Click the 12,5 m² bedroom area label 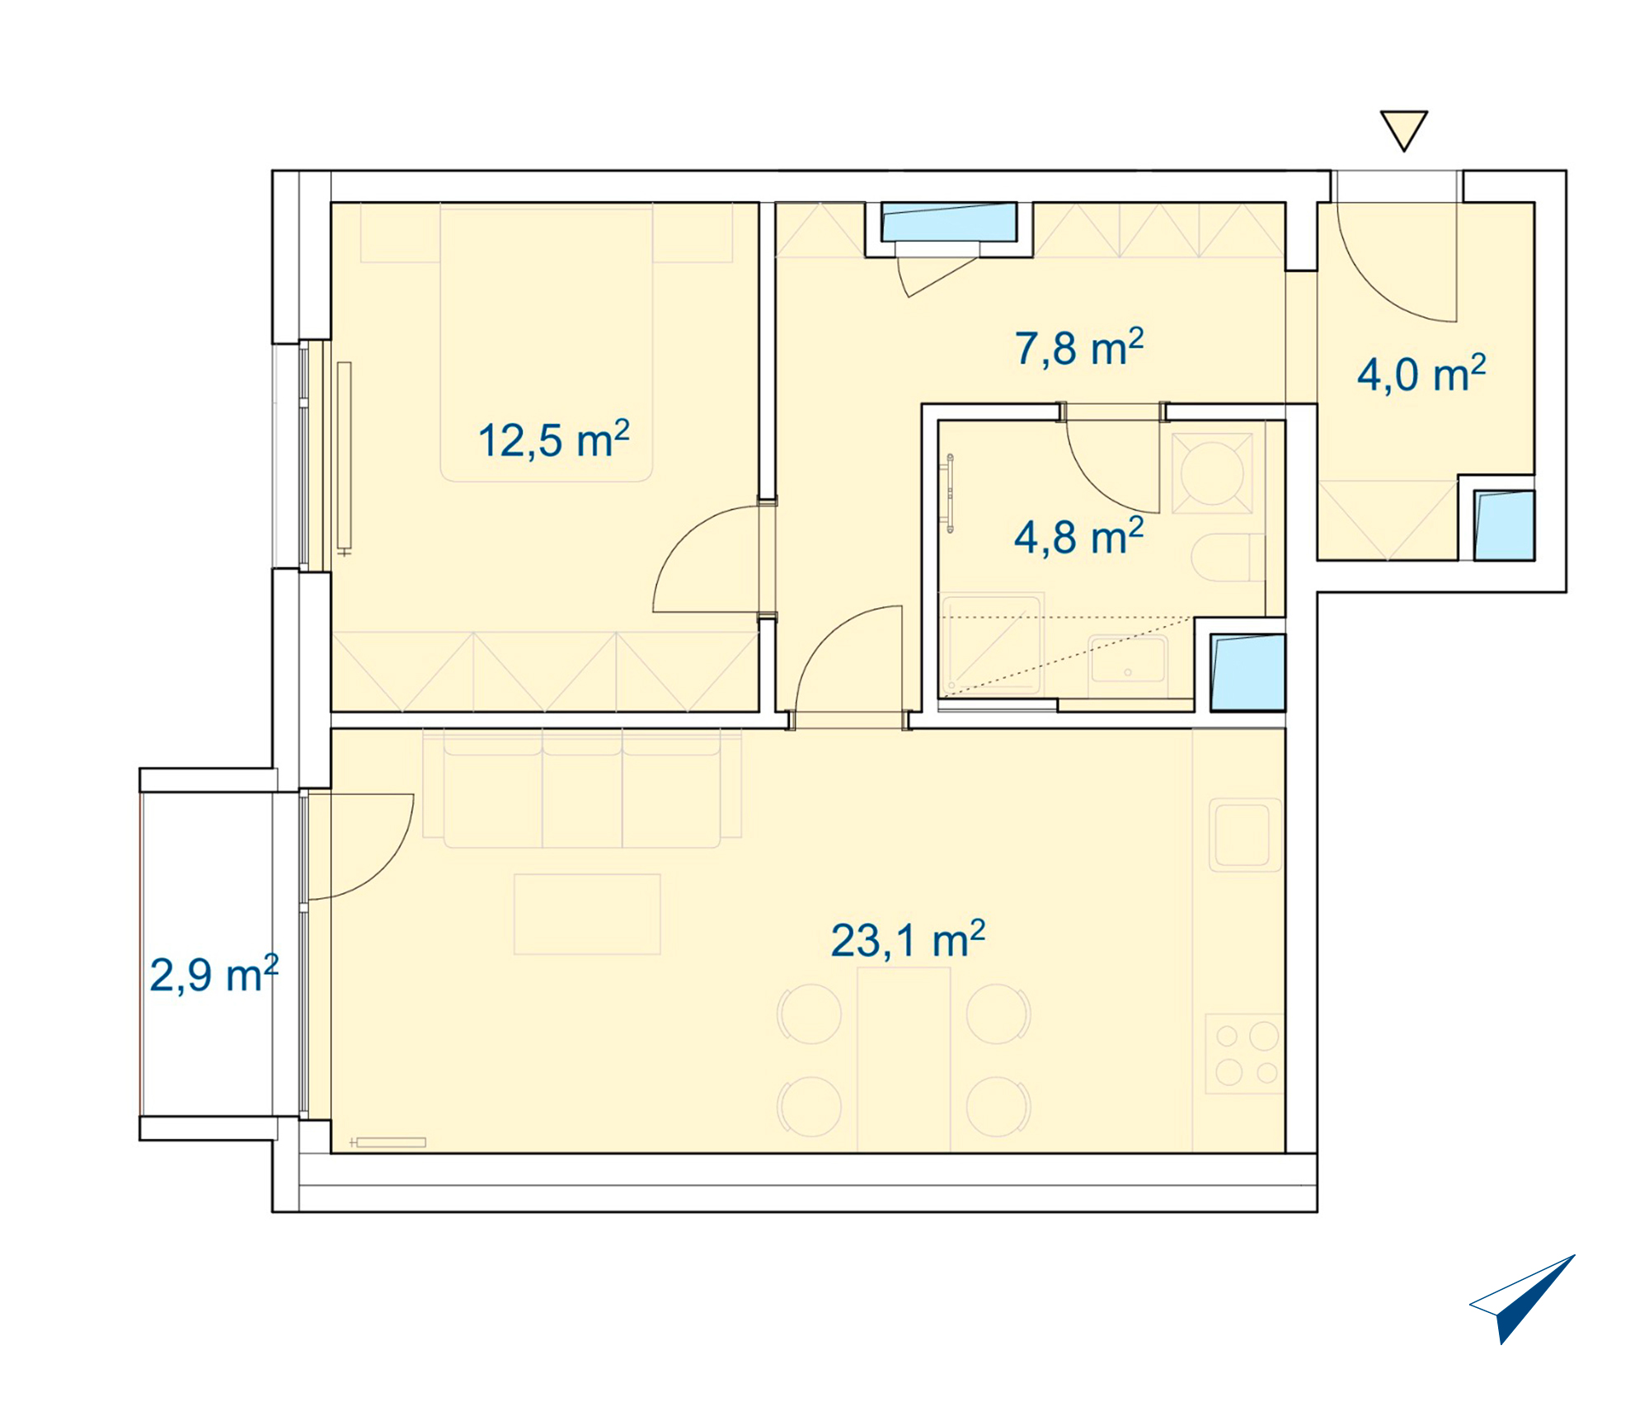coord(554,440)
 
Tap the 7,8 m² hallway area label coord(1079,347)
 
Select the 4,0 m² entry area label coord(1421,374)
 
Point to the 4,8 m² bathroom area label coord(1079,537)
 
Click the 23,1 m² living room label coord(908,940)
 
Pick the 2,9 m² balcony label coord(214,975)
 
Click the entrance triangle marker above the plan coord(1404,130)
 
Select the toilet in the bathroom coord(1229,558)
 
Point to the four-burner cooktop coord(1245,1054)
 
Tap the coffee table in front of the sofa coord(587,915)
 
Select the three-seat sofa coord(582,788)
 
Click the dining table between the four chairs coord(904,1059)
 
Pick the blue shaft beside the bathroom coord(1247,672)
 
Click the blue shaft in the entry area coord(1504,526)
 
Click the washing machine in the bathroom coord(1212,473)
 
